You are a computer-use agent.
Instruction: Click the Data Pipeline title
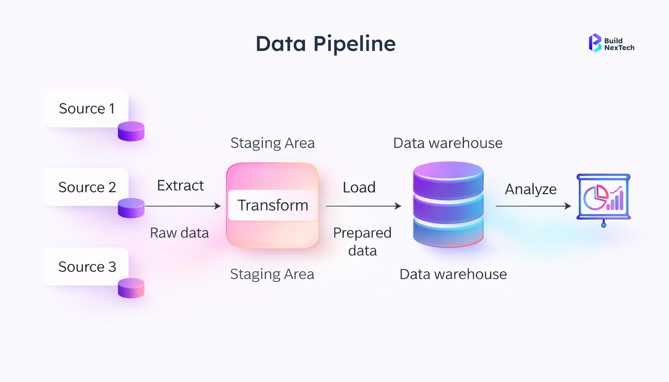click(x=326, y=44)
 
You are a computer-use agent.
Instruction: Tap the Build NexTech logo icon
click(x=595, y=43)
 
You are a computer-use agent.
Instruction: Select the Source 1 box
click(x=86, y=108)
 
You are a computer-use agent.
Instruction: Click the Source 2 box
click(x=86, y=187)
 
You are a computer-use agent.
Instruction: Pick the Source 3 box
click(x=86, y=267)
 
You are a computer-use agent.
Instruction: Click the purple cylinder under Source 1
click(x=131, y=131)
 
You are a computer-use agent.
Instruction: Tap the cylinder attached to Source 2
click(x=131, y=208)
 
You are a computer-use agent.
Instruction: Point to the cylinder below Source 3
click(x=131, y=288)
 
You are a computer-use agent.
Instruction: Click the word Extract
click(x=180, y=186)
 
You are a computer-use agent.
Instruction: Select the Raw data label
click(x=179, y=233)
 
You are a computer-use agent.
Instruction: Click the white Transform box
click(x=272, y=205)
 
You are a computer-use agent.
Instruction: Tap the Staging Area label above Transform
click(x=273, y=143)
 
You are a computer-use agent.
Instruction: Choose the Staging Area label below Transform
click(x=272, y=274)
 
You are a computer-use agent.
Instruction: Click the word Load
click(x=359, y=187)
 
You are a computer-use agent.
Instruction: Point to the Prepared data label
click(x=362, y=242)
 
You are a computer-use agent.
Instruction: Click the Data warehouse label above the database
click(x=448, y=143)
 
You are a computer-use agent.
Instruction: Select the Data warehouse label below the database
click(x=453, y=274)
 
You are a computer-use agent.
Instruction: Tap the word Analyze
click(x=531, y=189)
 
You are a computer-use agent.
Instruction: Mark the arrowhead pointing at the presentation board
click(x=568, y=206)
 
